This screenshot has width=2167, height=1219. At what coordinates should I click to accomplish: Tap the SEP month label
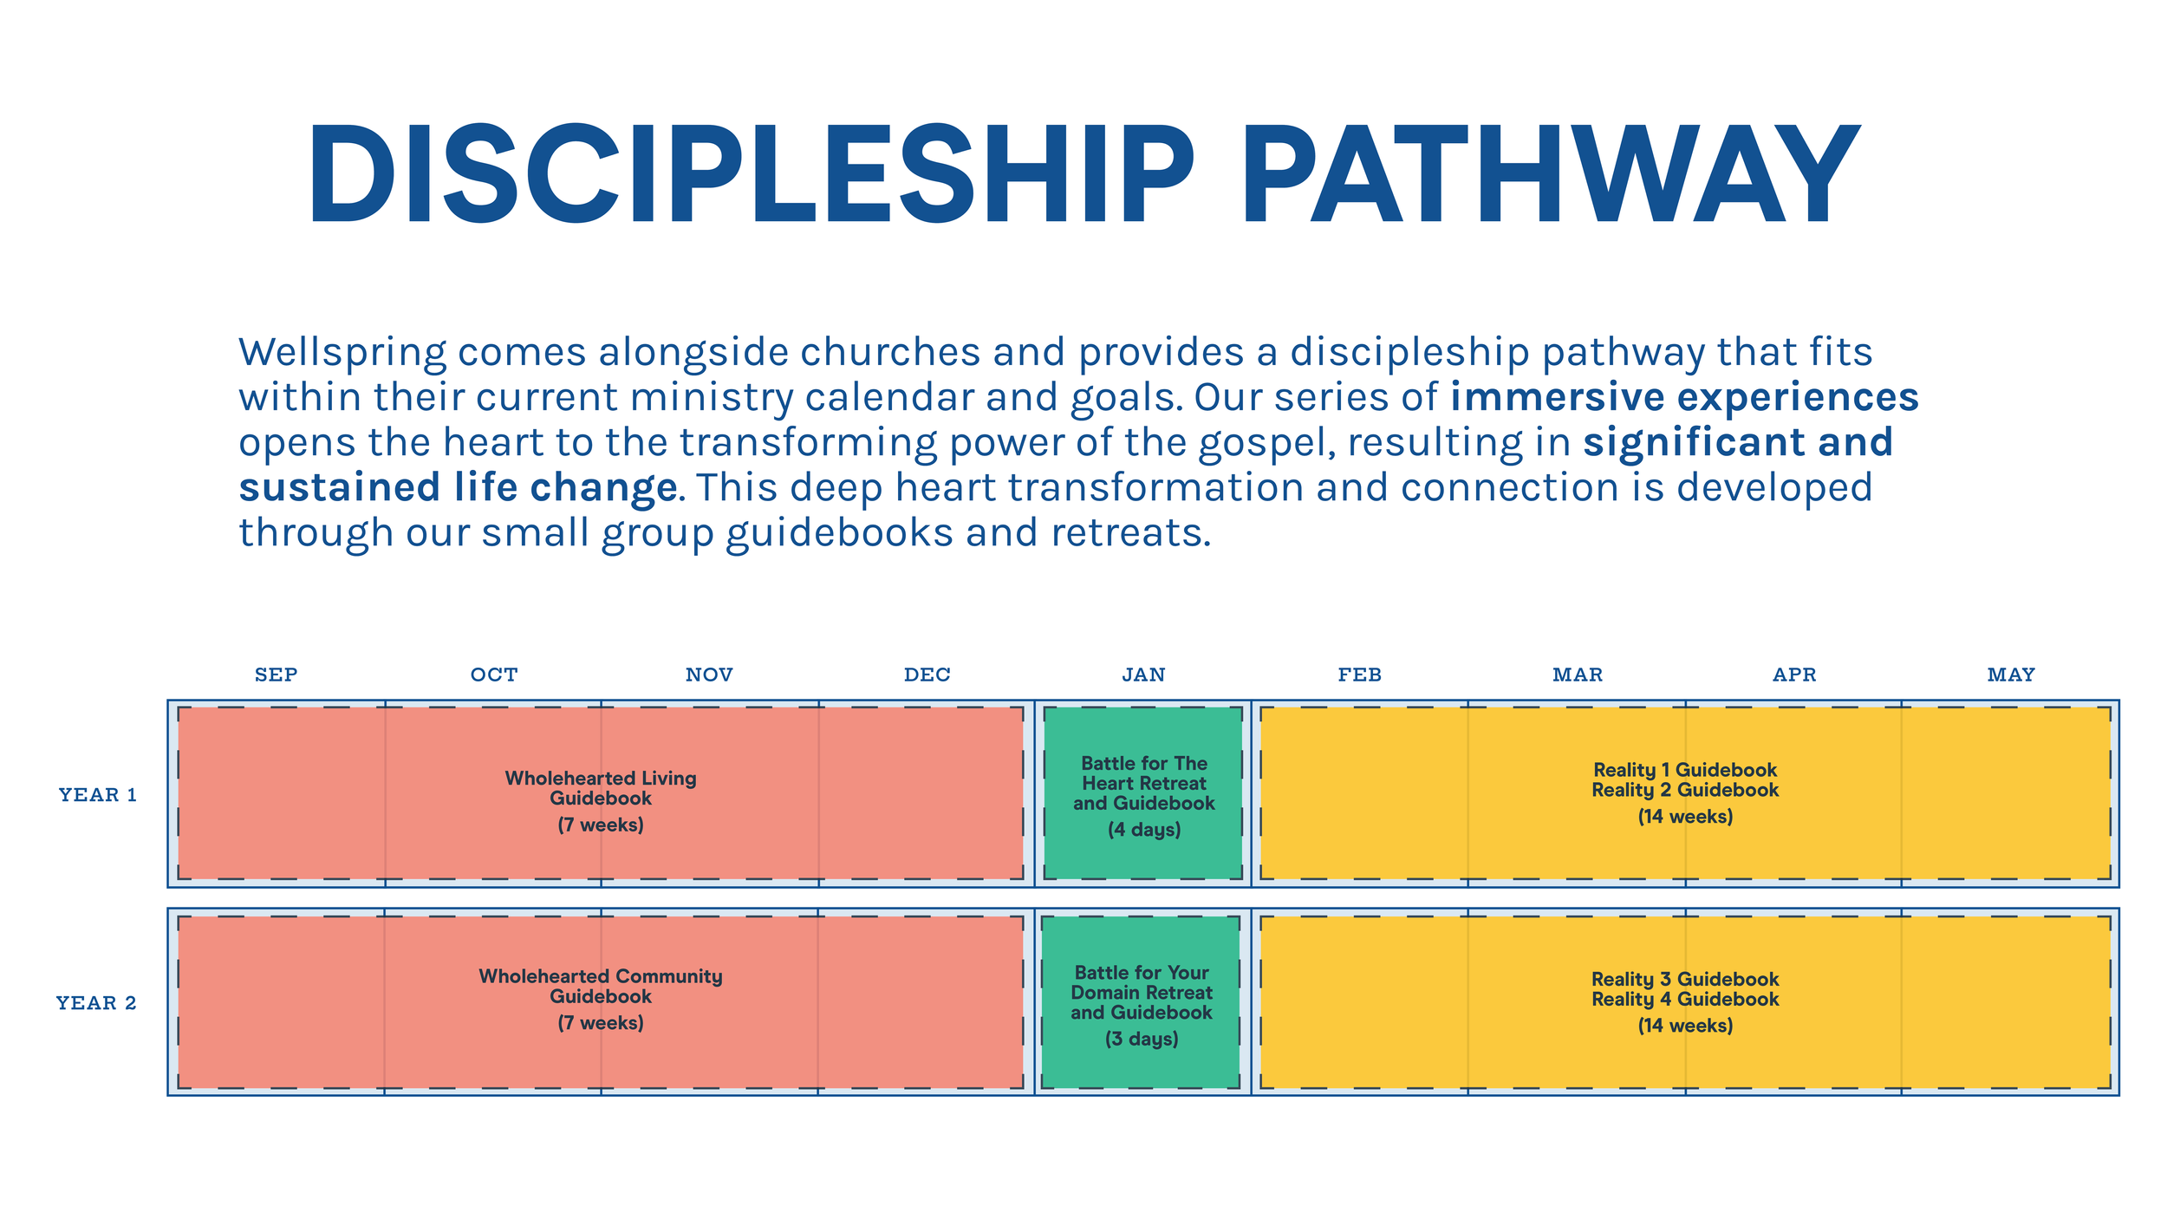pos(276,675)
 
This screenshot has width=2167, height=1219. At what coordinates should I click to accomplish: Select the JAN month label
pos(1143,675)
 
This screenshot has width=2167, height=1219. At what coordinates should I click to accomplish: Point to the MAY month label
pos(2010,675)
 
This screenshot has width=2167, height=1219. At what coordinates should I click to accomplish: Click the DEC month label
pos(927,675)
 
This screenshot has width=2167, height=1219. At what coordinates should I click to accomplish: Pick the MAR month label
pos(1577,675)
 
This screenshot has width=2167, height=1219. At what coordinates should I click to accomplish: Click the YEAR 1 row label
pos(98,794)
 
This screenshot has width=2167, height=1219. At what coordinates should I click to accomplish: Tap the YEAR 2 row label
pos(96,1002)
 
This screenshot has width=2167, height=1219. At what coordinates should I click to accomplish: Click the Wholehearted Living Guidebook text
pos(601,787)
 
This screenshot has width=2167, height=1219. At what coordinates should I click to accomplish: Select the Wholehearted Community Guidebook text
pos(601,986)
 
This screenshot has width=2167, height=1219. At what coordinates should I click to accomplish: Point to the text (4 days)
pos(1143,829)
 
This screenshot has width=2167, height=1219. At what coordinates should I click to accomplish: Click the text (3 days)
pos(1141,1038)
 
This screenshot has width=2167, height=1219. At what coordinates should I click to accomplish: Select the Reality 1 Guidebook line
pos(1684,769)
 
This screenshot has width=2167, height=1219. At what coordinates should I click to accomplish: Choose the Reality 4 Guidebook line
pos(1684,999)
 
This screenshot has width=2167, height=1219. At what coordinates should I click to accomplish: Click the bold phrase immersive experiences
pos(1683,397)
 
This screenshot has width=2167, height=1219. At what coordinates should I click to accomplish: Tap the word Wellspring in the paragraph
pos(342,352)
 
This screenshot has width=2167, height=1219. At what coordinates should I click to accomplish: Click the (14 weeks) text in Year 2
pos(1684,1025)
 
